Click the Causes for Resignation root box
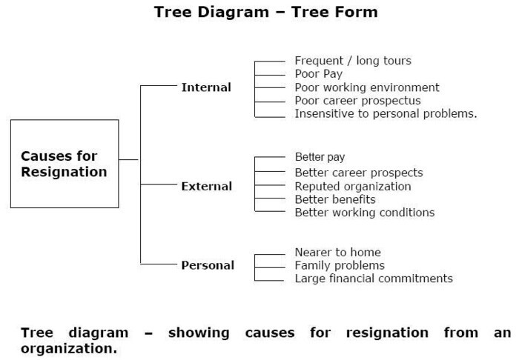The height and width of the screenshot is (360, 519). (65, 164)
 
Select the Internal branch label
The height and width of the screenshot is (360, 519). (206, 87)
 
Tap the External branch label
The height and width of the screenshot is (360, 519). (207, 186)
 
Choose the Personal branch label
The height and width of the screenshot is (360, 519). (208, 265)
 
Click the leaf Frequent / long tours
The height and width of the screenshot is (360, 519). (353, 61)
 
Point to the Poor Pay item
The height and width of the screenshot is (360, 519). (319, 74)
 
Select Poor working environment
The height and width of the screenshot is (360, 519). (367, 87)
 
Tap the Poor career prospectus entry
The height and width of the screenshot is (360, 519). (357, 100)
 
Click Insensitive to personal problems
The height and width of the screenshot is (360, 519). (386, 113)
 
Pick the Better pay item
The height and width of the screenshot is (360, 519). (320, 157)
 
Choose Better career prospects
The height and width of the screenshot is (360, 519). (359, 173)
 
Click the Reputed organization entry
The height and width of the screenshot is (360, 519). (353, 186)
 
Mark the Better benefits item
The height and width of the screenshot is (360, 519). (335, 199)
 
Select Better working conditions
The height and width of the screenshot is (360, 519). (365, 213)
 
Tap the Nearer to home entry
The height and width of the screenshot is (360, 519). (337, 253)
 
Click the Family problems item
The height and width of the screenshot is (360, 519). (340, 265)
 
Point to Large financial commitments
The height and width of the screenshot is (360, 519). (374, 279)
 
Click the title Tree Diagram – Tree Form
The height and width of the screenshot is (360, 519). (265, 12)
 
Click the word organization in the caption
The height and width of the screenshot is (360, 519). (68, 347)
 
